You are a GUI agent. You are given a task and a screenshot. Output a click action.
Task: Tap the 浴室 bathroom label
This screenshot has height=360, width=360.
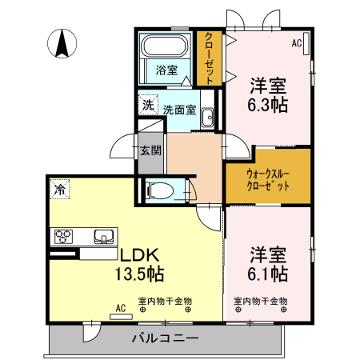pos(166,70)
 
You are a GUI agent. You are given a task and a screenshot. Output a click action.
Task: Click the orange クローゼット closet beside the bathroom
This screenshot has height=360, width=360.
pos(209,58)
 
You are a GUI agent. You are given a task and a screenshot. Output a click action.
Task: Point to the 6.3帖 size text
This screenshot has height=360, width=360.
pos(269,104)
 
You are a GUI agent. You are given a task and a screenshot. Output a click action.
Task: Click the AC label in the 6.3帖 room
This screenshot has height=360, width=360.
pos(296,43)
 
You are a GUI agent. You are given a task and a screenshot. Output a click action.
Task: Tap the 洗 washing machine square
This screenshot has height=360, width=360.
pos(147,105)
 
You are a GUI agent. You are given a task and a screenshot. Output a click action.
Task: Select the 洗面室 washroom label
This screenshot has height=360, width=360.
pos(180,110)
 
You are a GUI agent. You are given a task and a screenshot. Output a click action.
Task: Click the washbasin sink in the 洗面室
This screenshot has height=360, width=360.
pos(207,117)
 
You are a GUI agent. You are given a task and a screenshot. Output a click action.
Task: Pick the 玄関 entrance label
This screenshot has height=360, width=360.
pos(150,150)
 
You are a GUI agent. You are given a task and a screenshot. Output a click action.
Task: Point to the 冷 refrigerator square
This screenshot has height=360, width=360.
pos(60,190)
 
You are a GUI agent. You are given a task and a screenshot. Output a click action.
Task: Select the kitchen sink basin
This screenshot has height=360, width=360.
pos(103,236)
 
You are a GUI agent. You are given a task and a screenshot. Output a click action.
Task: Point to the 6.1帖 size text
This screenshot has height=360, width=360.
pos(269,274)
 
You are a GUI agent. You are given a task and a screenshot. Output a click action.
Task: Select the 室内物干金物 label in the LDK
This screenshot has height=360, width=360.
pos(165,302)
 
